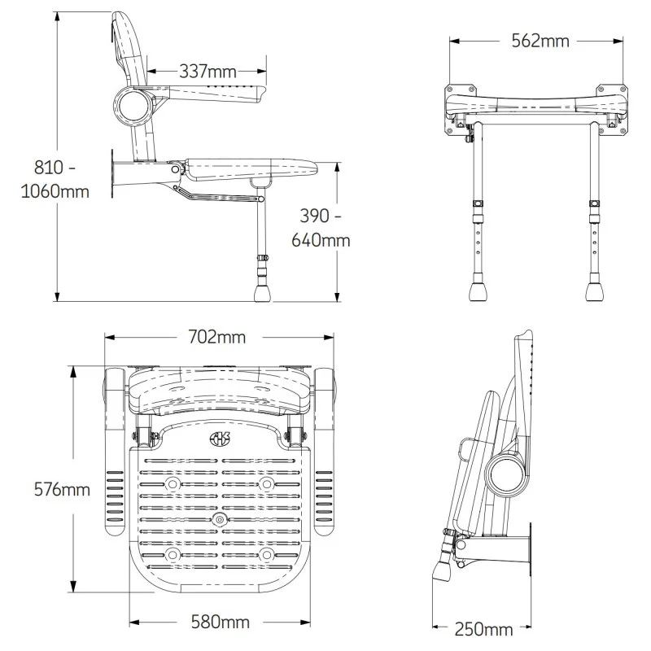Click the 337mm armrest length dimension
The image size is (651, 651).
[x=208, y=72]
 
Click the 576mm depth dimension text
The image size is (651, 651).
[x=62, y=489]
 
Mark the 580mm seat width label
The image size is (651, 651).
[x=220, y=623]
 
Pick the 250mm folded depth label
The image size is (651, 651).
[x=484, y=629]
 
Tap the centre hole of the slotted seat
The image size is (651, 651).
[x=219, y=518]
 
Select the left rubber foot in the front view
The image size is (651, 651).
[x=478, y=291]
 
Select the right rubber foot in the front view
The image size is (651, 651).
[x=592, y=291]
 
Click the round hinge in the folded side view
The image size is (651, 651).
[x=505, y=472]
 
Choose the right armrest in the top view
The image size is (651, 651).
[x=325, y=452]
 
